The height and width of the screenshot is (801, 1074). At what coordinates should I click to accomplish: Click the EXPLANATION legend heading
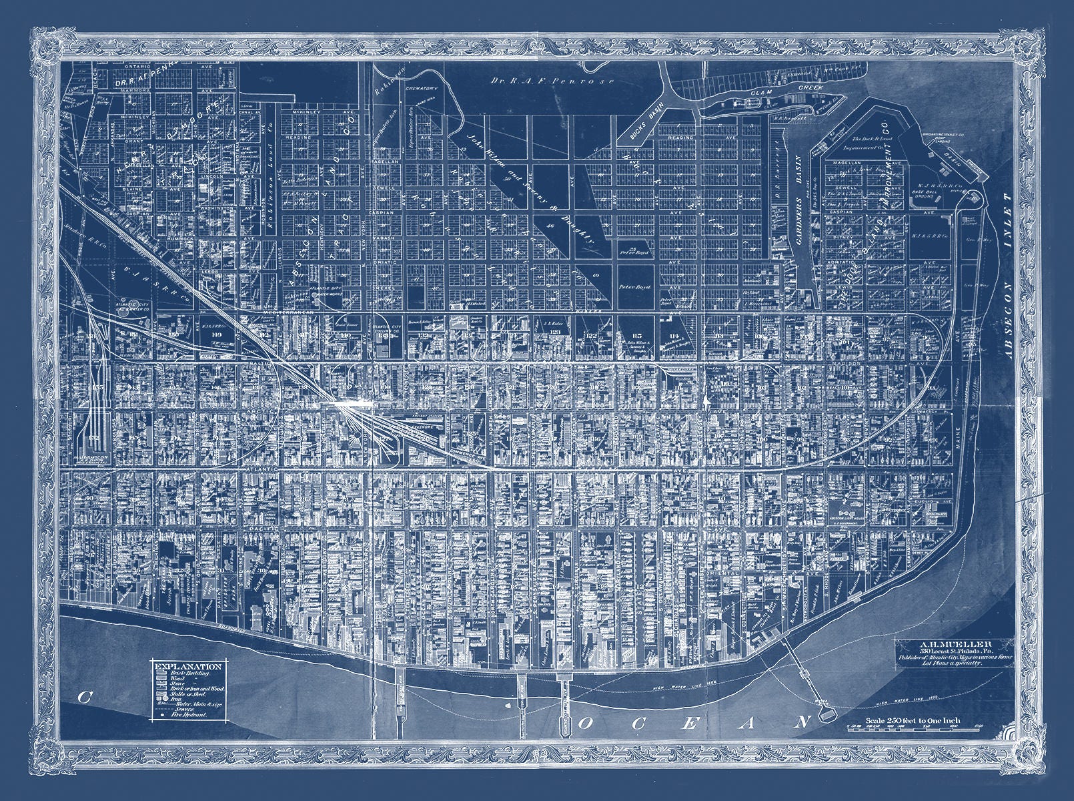[187, 666]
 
